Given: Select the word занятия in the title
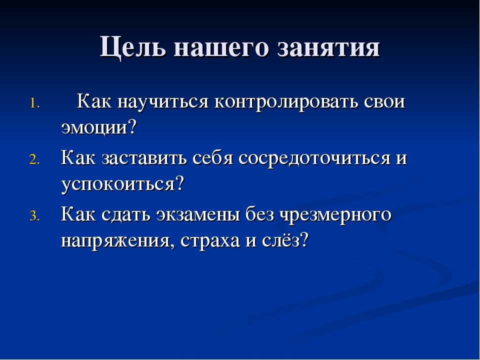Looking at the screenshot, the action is pos(328,48).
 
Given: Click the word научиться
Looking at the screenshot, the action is pos(163,102).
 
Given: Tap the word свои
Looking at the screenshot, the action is pos(384,102).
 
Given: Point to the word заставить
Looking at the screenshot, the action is pos(144,159).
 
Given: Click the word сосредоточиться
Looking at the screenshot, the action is pos(314,159).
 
